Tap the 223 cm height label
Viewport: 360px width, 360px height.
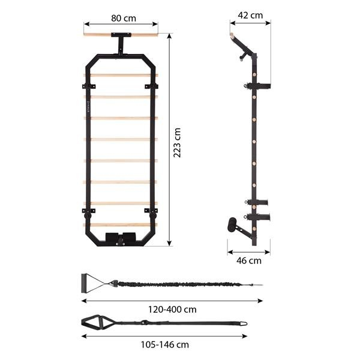click(177, 142)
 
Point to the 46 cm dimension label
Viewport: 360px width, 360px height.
click(248, 260)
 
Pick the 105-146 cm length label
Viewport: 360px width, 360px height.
click(164, 344)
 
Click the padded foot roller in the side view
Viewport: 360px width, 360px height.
click(232, 227)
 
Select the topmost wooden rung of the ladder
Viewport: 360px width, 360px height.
click(120, 76)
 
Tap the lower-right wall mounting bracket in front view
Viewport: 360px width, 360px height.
click(152, 212)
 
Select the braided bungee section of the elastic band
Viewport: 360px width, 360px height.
click(180, 283)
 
